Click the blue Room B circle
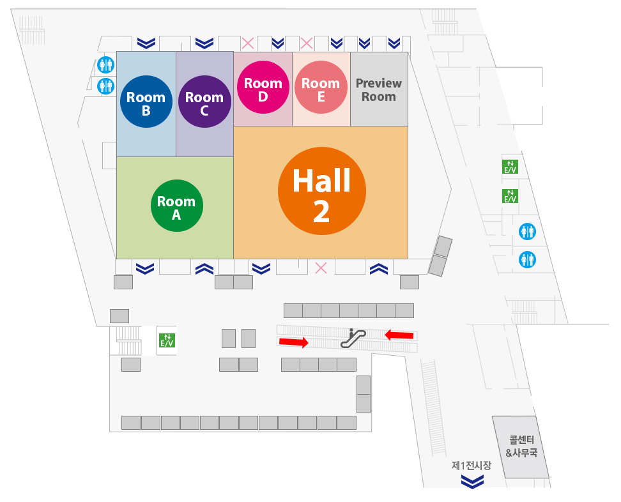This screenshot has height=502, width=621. (146, 102)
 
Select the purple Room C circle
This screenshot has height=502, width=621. (204, 102)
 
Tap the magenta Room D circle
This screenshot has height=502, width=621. (263, 87)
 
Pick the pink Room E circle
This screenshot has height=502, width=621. (321, 87)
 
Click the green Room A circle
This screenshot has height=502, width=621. (176, 206)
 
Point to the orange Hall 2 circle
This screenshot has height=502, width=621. (321, 191)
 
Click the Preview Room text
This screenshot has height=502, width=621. (379, 90)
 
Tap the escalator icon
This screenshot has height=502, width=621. (353, 338)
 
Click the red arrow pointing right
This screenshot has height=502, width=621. (293, 342)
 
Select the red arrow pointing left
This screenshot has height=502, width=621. (399, 335)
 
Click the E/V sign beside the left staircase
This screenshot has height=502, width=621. (167, 340)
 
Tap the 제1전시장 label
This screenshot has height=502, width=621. (471, 466)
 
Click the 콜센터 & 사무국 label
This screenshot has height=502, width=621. (521, 446)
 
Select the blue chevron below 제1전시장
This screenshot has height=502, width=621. (472, 482)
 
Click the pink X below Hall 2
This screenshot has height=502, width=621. (321, 268)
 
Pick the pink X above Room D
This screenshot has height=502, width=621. (248, 43)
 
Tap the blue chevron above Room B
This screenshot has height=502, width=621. (146, 43)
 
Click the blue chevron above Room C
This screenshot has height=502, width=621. (204, 43)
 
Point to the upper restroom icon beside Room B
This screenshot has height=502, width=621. (106, 65)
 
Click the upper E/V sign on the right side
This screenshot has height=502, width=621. (510, 167)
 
